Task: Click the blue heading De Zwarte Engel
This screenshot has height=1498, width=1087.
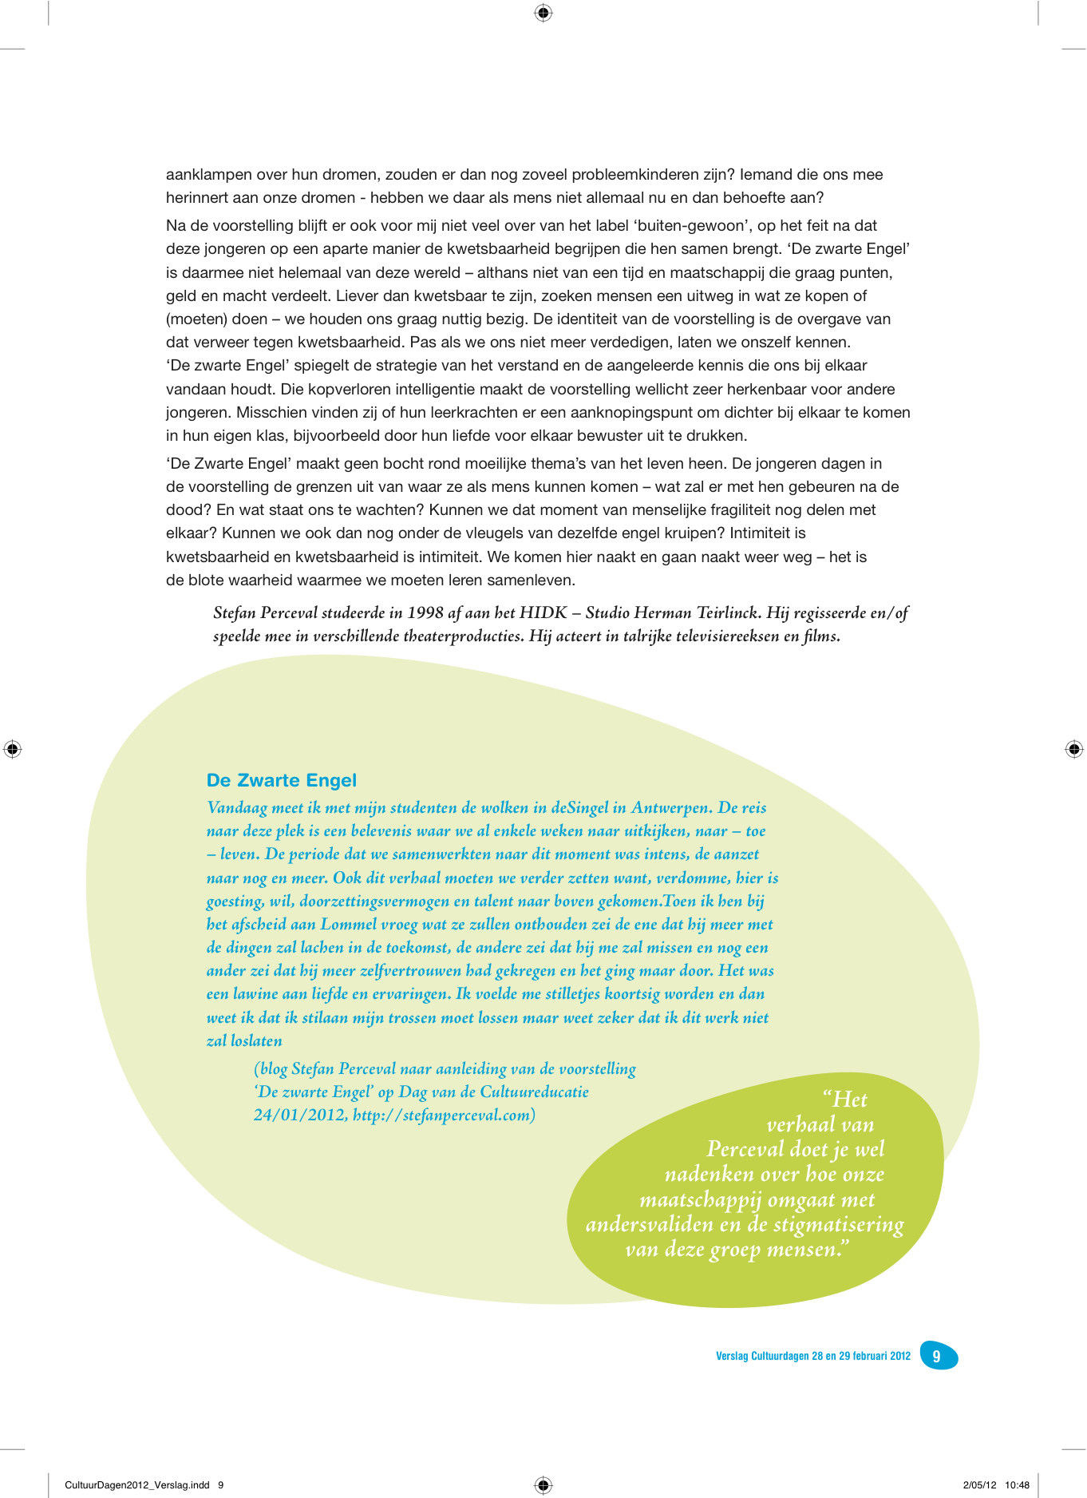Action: point(281,780)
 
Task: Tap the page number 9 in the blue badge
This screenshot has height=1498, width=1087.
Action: point(937,1356)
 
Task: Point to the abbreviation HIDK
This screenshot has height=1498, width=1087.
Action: point(543,612)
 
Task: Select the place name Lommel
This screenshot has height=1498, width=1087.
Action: point(348,924)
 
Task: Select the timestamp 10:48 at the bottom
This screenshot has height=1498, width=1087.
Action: point(1017,1485)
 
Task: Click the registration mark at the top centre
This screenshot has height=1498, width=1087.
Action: point(543,12)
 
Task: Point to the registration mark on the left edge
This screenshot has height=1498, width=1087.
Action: point(12,749)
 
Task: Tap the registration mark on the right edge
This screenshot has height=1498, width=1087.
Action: point(1074,749)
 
